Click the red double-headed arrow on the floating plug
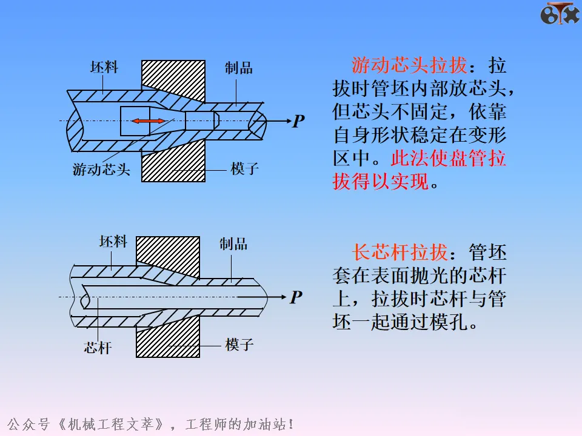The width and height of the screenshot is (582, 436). tap(149, 121)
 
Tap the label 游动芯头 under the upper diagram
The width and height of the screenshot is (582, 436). tap(101, 170)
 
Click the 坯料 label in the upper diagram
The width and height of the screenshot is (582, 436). tap(104, 67)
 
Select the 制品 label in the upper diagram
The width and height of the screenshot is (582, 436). tap(239, 68)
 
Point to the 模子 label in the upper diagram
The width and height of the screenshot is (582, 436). tap(244, 169)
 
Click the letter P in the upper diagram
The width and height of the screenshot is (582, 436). tap(298, 121)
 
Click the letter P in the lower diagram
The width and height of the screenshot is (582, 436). tap(296, 297)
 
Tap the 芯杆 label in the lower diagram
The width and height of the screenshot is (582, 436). tap(98, 348)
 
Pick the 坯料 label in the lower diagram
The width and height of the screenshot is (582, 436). tap(113, 242)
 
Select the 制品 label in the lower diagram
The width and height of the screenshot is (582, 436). tap(233, 244)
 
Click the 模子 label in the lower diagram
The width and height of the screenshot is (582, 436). tap(239, 345)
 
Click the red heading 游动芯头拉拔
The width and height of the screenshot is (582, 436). tap(409, 65)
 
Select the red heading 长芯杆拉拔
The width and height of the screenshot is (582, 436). tap(400, 253)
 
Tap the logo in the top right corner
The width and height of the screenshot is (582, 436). tap(560, 13)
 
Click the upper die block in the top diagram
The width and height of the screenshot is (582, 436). tap(173, 80)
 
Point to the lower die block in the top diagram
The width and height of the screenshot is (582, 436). tap(173, 161)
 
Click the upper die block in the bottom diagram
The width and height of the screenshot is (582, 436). tap(168, 256)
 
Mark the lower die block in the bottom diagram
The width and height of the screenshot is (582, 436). tap(168, 337)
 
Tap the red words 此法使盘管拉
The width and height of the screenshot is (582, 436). tap(449, 158)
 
